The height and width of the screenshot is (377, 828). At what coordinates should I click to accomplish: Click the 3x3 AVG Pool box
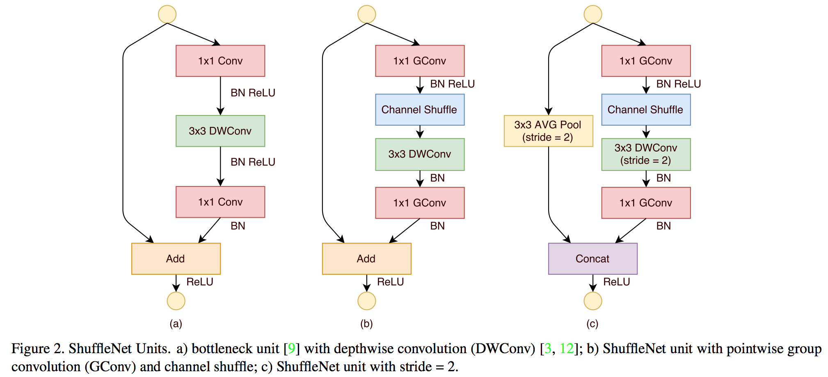pos(548,131)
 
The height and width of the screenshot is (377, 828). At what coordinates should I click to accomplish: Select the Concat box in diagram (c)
pos(592,259)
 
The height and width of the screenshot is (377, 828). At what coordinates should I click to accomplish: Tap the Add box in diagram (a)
pos(176,259)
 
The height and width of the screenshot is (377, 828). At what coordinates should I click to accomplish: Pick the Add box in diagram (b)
pos(366,259)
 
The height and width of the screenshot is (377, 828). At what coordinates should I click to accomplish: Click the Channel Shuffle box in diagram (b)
pos(419,110)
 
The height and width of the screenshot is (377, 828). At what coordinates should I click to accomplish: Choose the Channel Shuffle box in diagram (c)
pos(645,110)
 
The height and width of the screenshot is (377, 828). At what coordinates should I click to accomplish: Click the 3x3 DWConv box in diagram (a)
pos(220,131)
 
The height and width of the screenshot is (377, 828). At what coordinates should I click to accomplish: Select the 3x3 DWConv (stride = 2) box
pos(645,154)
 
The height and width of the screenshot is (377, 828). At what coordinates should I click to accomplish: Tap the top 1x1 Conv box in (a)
pos(220,61)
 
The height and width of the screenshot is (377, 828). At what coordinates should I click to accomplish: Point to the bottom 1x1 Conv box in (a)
pos(220,202)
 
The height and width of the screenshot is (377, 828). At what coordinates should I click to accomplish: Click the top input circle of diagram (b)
pos(366,14)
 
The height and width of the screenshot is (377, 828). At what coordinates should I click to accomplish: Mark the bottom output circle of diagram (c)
pos(592,301)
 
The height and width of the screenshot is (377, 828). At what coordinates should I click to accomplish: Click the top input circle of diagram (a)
pos(167,14)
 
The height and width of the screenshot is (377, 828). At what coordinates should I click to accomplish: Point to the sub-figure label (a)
pos(176,324)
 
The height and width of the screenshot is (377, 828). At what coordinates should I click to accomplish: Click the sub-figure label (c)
pos(592,324)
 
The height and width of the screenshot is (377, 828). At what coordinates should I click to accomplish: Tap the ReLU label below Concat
pos(616,282)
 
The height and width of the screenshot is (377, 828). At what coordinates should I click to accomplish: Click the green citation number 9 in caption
pos(291,348)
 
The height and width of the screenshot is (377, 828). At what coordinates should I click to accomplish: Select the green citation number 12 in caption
pos(566,348)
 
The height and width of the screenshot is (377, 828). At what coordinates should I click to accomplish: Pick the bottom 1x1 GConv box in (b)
pos(419,203)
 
